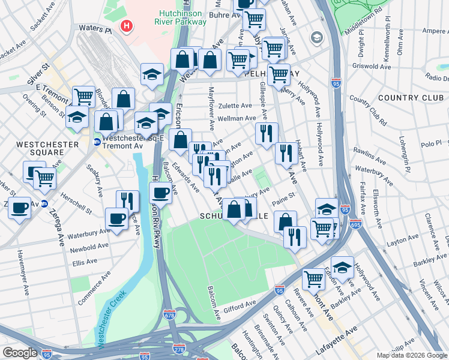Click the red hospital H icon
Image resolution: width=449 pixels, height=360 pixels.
click(x=126, y=26)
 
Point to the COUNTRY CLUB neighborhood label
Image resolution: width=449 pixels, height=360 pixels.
click(x=405, y=98)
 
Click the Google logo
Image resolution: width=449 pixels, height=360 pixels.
click(x=20, y=353)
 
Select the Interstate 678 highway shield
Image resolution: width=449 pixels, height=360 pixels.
click(x=170, y=314)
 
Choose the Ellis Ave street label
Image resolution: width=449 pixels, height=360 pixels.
click(x=85, y=262)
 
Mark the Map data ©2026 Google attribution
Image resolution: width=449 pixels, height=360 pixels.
click(x=412, y=355)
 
